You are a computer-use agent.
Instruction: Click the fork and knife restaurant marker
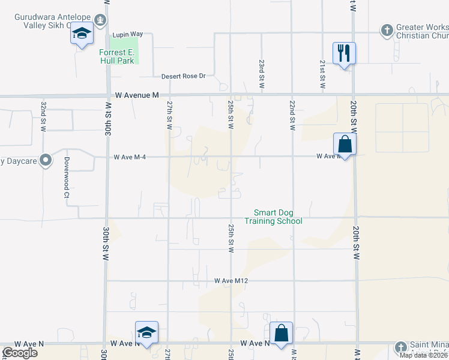344,53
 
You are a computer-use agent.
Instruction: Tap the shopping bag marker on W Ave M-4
345,144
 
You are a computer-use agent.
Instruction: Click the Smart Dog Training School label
273,217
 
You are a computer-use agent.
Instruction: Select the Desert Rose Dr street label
184,76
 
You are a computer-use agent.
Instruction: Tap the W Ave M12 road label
231,280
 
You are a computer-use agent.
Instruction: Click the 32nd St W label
44,117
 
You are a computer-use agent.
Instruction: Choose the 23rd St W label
262,74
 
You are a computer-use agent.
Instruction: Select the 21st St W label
322,74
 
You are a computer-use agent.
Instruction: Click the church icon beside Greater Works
387,29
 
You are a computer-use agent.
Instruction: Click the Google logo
20,353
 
